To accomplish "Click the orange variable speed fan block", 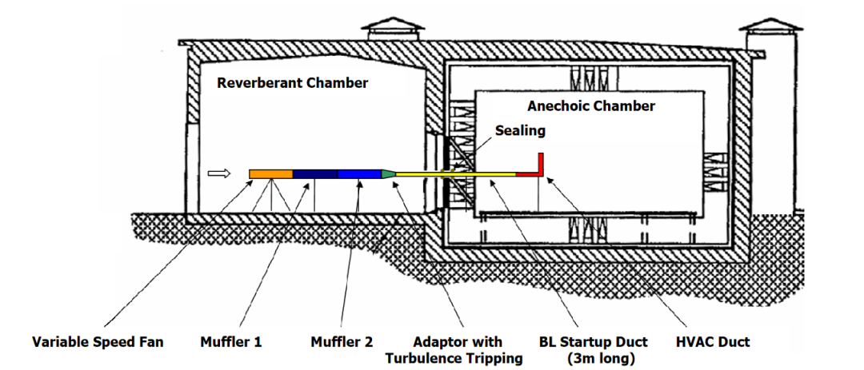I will tap(270, 173).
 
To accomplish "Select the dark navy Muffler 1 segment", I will tap(315, 173).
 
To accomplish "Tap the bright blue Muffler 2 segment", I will tap(359, 173).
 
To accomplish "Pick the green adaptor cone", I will tap(388, 173).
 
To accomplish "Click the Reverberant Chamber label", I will tap(293, 82).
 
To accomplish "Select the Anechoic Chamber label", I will tap(591, 105).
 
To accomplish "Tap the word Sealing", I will tap(519, 130).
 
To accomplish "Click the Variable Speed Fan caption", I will tap(98, 342).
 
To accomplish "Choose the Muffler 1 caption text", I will tap(231, 342).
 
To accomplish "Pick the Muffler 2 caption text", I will tap(342, 342).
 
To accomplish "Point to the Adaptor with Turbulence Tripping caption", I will tap(454, 350).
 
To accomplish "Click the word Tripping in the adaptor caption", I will tap(493, 358).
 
